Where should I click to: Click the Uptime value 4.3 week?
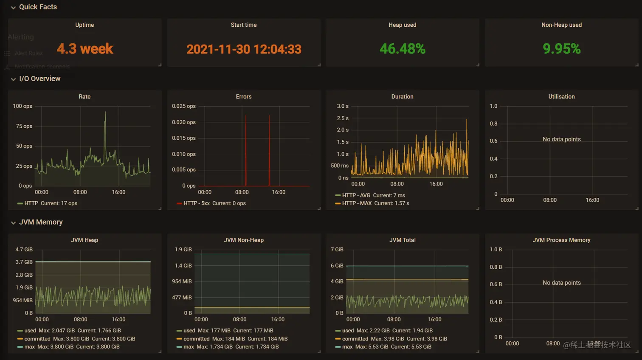point(85,49)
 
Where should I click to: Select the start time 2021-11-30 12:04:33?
point(244,49)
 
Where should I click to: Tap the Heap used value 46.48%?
point(402,49)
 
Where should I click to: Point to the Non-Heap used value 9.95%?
point(561,49)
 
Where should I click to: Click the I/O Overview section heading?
point(39,79)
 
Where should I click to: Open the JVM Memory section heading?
point(41,222)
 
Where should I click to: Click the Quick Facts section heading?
point(38,7)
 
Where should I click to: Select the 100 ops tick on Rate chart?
point(23,106)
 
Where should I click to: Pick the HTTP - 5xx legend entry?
point(196,203)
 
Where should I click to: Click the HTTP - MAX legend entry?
point(356,203)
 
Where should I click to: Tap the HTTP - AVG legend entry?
point(356,195)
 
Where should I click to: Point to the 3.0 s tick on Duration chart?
point(343,106)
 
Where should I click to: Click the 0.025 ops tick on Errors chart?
point(184,106)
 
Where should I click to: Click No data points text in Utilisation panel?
point(561,139)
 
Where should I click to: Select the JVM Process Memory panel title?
point(561,240)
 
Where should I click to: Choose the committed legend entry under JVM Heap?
point(37,339)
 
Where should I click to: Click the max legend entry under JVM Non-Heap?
point(189,347)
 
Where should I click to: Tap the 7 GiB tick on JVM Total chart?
point(337,250)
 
